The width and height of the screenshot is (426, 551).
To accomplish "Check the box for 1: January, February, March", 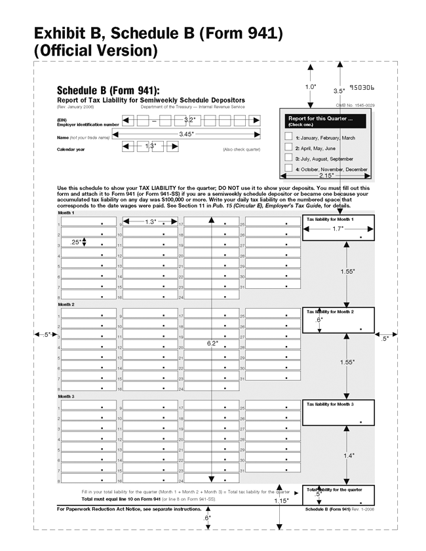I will click(288, 136).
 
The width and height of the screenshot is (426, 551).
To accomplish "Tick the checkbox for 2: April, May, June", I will click(288, 147).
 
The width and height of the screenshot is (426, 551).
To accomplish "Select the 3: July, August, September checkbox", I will click(288, 158).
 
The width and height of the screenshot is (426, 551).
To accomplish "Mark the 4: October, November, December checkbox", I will click(288, 168).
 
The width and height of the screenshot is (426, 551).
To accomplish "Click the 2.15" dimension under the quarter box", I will click(326, 176).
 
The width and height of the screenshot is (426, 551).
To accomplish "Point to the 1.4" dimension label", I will click(348, 456).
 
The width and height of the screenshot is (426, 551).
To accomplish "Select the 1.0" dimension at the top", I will click(311, 86).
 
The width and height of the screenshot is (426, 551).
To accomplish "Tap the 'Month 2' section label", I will click(66, 305).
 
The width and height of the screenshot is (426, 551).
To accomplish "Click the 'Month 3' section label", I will click(66, 396).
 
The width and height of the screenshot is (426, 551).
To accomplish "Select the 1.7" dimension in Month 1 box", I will click(338, 229).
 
